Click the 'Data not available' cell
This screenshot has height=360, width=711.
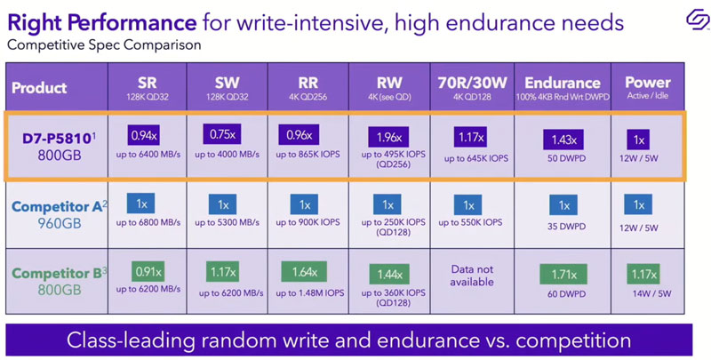click(471, 275)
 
